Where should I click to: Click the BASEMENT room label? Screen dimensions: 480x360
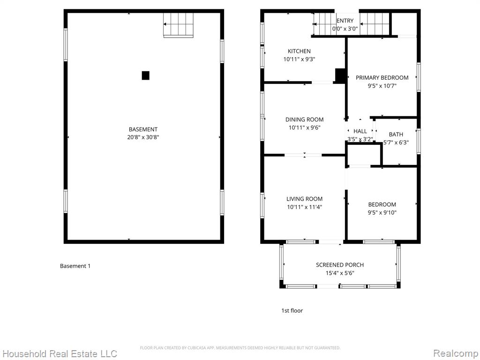143,129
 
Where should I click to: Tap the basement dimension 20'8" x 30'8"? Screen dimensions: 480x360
143,137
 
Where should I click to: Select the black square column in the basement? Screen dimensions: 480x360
145,75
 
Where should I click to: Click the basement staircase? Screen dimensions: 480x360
179,25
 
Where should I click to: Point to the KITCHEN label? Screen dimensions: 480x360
299,51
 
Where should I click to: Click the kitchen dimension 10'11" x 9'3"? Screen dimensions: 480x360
299,59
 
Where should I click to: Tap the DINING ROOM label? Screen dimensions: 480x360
304,120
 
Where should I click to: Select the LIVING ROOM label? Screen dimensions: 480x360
304,199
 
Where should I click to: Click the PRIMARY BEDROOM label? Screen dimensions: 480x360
382,78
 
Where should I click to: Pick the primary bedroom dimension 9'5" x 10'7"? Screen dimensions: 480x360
382,86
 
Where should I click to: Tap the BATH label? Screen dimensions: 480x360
396,135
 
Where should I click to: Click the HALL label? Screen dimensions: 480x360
360,131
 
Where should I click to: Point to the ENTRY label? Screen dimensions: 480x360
345,21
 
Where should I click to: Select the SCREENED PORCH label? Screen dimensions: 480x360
340,265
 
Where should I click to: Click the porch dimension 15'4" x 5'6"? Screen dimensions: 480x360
340,273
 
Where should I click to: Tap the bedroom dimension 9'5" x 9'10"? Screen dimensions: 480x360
382,212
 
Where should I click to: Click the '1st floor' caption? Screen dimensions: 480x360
292,310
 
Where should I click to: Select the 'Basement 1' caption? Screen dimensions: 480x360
75,266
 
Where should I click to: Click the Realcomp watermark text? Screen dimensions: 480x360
456,353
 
